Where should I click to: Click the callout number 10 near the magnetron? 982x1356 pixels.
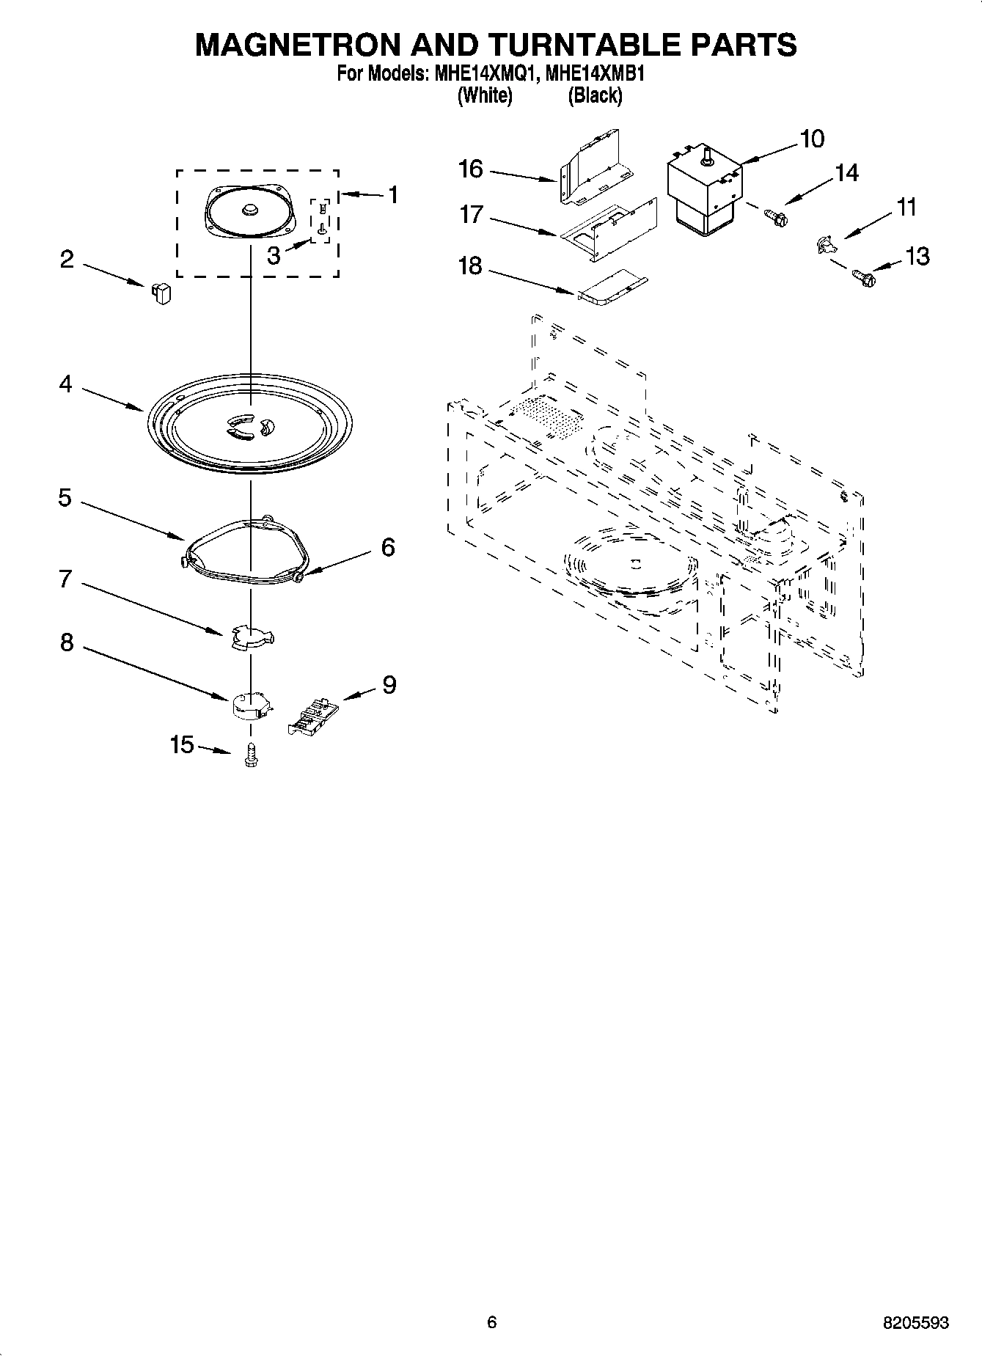coord(812,139)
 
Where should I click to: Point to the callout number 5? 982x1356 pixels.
coord(65,498)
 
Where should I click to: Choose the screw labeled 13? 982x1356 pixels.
coord(864,277)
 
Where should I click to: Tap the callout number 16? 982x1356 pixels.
coord(471,169)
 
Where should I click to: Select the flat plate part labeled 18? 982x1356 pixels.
coord(612,290)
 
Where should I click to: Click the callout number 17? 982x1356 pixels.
coord(471,215)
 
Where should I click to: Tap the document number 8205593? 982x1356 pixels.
coord(916,1322)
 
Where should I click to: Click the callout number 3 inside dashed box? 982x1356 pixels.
coord(273,257)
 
